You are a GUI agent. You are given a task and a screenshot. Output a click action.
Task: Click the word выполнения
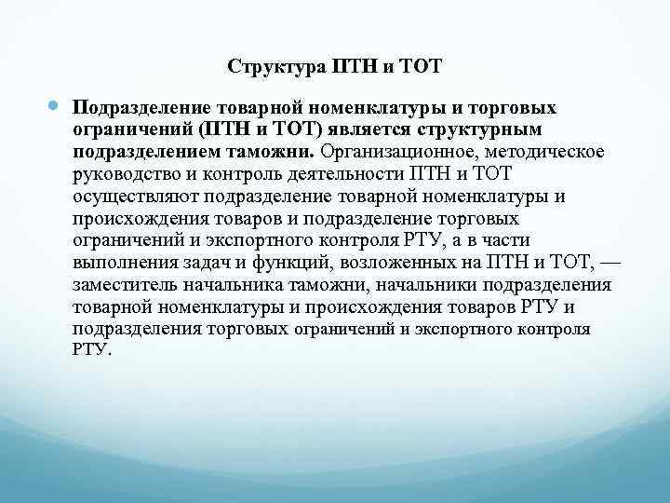(x=120, y=263)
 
